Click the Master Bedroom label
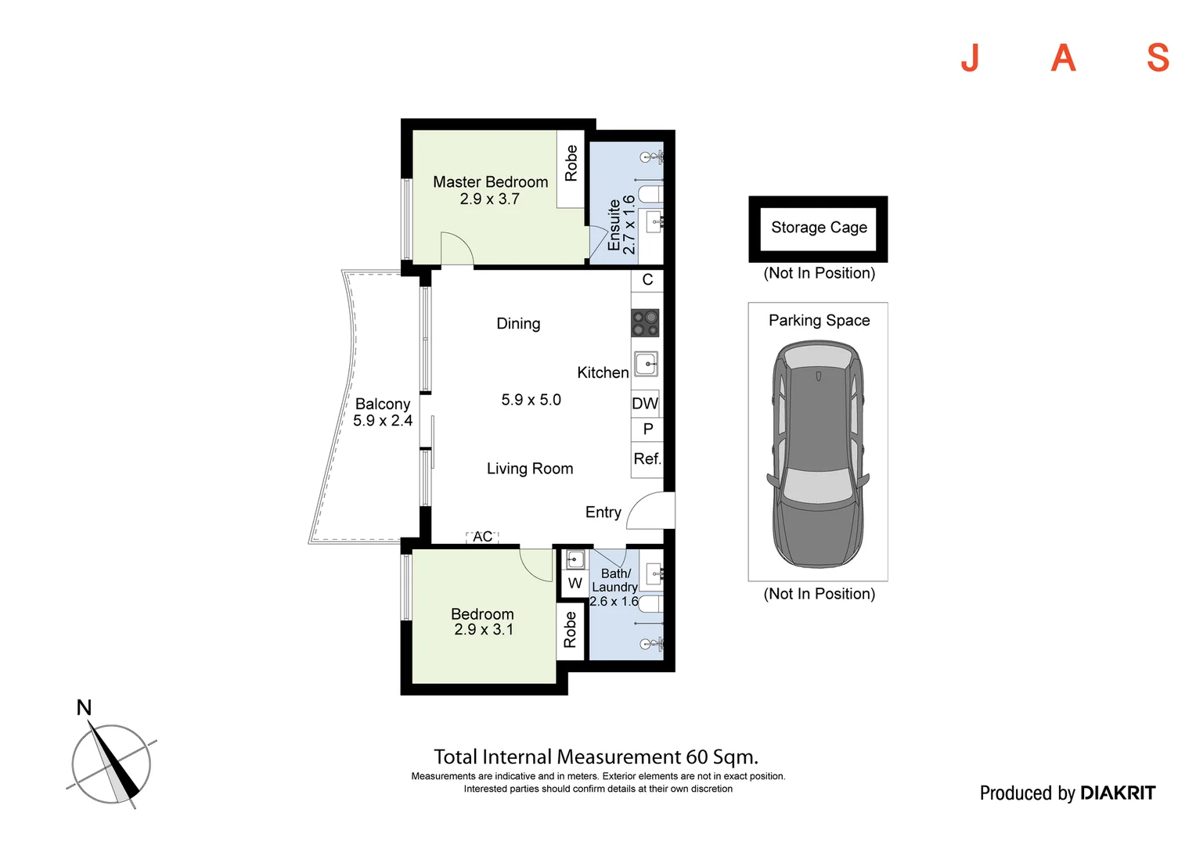490,182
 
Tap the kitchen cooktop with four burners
646,322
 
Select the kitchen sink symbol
647,364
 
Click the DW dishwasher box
645,404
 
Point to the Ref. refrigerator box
647,459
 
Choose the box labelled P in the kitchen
647,429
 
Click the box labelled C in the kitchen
647,280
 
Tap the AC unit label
482,537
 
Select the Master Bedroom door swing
457,248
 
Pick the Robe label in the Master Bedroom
571,164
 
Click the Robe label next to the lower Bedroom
571,630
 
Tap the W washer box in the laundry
575,583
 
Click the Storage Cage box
819,228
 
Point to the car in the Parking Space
819,454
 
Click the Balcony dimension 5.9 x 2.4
383,421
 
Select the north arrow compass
111,763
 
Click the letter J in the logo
970,58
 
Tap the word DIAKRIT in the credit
1117,793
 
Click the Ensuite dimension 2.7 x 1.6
629,225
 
